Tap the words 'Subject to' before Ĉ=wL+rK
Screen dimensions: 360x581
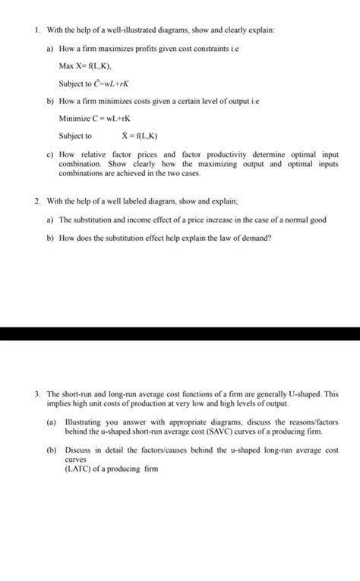coord(76,84)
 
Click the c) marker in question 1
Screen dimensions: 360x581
coord(50,155)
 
